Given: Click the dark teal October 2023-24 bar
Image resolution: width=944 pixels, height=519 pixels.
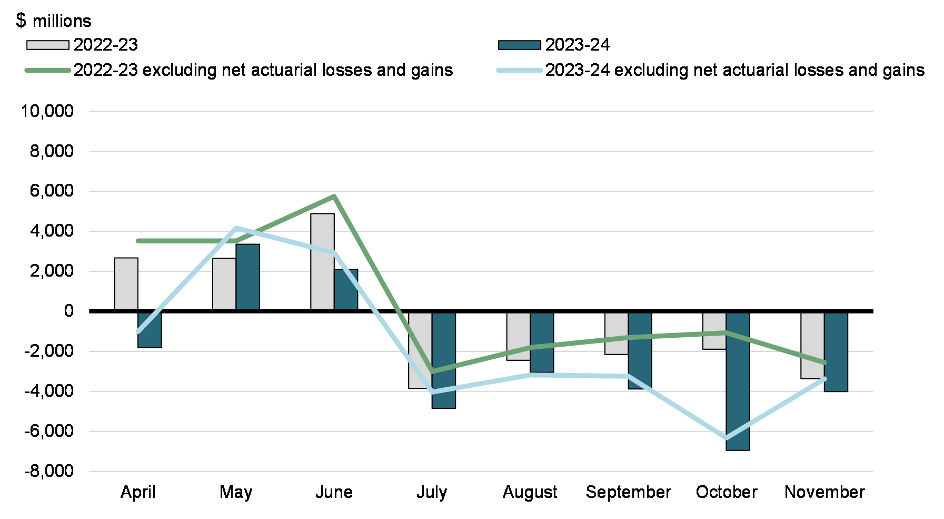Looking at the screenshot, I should click(738, 381).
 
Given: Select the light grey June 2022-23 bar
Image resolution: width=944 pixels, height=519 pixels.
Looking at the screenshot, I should click(322, 261).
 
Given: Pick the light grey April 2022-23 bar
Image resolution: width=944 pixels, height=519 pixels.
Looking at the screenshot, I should click(126, 283).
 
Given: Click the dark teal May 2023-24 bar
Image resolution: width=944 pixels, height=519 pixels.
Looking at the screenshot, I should click(247, 277).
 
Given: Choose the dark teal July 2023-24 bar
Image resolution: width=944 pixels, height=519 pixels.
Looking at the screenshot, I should click(443, 360).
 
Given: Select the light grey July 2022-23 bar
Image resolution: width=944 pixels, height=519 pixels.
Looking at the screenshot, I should click(420, 350).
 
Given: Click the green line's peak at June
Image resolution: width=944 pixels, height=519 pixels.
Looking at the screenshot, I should click(334, 197).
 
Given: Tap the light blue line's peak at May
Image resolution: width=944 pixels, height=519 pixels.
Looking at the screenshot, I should click(236, 228).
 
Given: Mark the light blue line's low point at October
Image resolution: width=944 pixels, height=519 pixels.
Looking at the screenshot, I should click(727, 438).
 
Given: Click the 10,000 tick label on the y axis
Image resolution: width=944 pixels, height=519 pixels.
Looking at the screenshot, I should click(47, 111).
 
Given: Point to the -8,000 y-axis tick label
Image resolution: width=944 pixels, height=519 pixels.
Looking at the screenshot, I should click(49, 471).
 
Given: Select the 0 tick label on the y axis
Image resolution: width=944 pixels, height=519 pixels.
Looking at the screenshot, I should click(68, 311).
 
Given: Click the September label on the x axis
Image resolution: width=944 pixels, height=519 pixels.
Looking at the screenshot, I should click(628, 492).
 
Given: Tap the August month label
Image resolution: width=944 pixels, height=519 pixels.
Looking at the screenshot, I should click(530, 492).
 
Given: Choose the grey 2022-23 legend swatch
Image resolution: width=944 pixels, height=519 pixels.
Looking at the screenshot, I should click(48, 45).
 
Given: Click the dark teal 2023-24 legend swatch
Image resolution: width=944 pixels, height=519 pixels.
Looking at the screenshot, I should click(519, 45).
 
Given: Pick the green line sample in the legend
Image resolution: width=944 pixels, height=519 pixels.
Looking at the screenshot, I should click(48, 70).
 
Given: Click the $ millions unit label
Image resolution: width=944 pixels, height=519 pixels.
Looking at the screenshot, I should click(54, 21).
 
